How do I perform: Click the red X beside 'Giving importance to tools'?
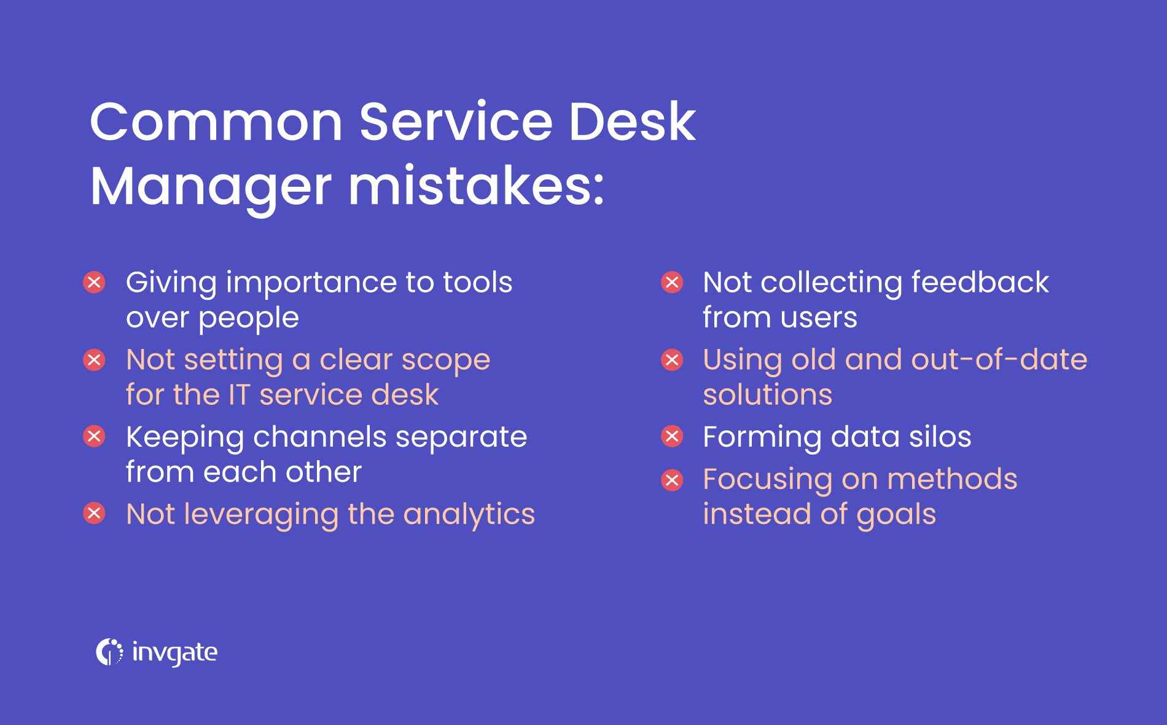[94, 283]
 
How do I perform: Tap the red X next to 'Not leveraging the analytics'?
[94, 513]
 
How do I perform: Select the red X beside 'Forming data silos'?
[672, 436]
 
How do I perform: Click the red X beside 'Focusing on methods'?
[672, 480]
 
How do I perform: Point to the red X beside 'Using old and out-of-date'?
[672, 359]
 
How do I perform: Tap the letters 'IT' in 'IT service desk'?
[239, 394]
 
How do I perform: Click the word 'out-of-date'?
[999, 359]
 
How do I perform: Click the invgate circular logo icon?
[109, 652]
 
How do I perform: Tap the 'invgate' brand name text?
[174, 652]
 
